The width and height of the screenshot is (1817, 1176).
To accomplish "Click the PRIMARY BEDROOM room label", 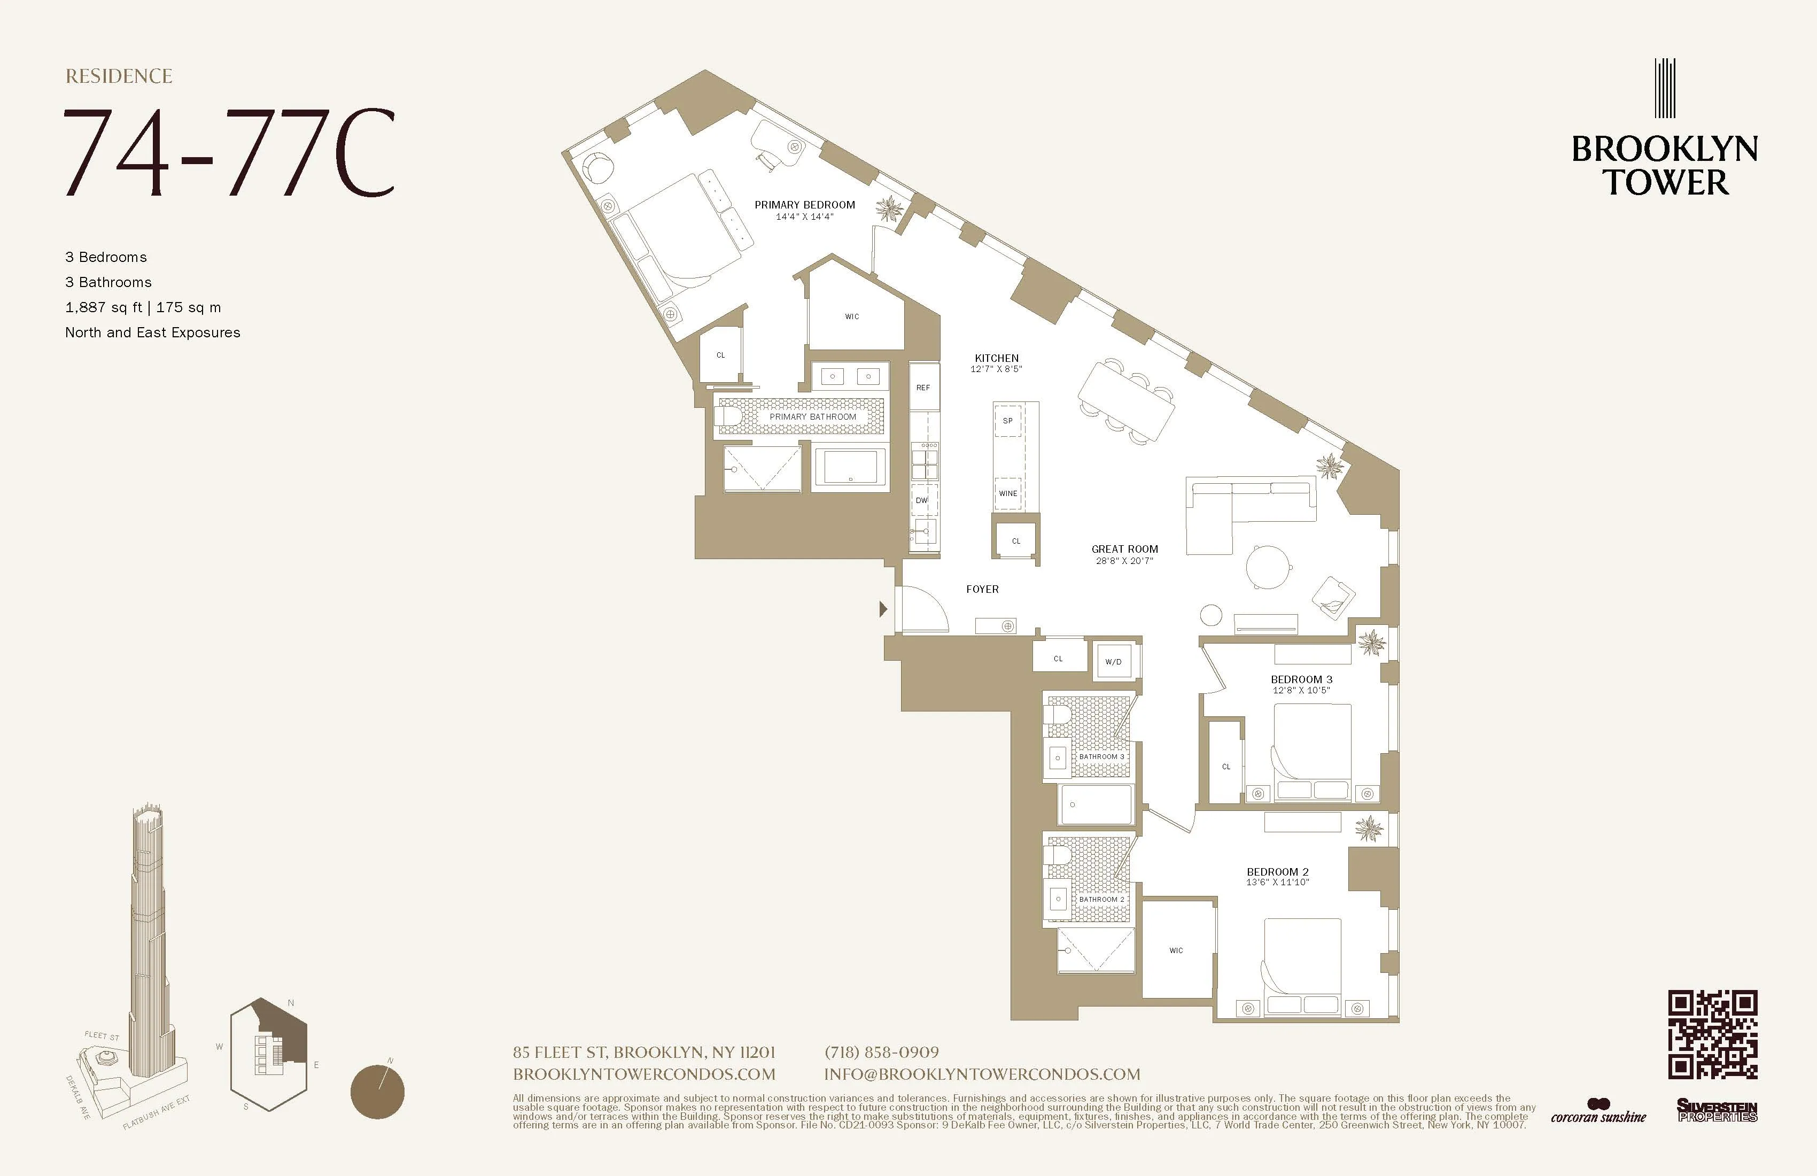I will click(805, 205).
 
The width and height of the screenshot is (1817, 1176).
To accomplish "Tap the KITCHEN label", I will click(996, 358).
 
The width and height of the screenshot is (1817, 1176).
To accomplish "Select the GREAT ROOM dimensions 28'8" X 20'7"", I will click(1124, 561).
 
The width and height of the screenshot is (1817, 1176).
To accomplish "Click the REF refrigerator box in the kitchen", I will click(923, 387).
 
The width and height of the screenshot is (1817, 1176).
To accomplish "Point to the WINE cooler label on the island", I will click(1008, 493).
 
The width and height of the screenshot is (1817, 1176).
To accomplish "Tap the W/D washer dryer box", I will click(1114, 661).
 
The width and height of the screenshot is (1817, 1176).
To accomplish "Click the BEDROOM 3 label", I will click(1302, 679).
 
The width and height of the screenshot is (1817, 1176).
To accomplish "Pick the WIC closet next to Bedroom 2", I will click(1176, 950).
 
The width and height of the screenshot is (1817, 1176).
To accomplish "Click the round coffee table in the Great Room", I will click(1268, 567).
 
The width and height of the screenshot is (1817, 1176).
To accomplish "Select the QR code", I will click(1712, 1035).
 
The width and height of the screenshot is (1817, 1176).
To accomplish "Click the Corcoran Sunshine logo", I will click(1598, 1112).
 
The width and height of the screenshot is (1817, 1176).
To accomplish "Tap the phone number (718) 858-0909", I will click(882, 1053).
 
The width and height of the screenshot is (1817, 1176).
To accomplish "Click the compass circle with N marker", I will click(377, 1092).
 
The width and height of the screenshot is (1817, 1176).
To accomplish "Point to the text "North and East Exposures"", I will click(153, 332).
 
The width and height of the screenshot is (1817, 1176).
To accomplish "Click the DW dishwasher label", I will click(921, 500).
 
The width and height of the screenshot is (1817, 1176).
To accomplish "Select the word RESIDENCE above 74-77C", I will click(119, 76).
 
